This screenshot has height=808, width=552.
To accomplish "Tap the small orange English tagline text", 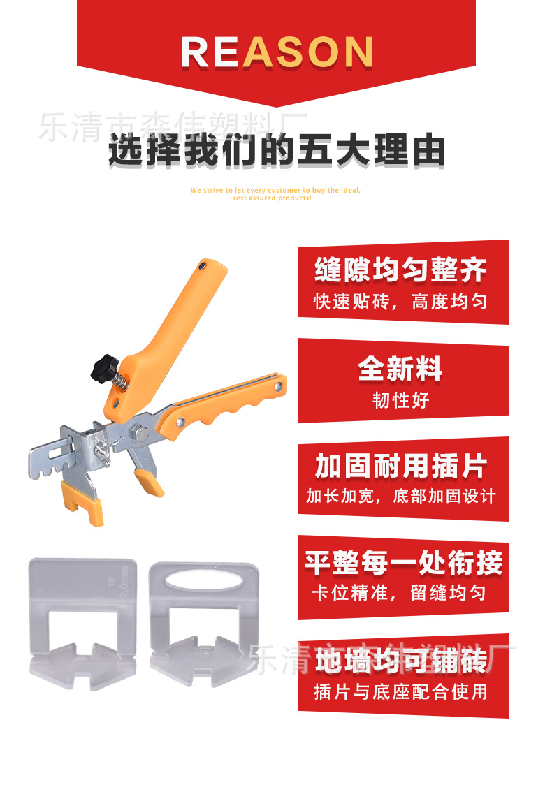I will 275,193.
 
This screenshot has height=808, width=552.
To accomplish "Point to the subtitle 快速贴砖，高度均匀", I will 401,302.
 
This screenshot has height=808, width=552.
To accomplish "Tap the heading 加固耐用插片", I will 401,467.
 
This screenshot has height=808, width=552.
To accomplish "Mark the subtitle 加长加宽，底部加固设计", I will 401,497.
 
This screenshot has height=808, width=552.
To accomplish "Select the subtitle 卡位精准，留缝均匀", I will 401,594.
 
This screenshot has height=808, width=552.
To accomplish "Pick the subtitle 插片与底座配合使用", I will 401,692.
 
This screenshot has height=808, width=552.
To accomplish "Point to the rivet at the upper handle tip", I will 202,265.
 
